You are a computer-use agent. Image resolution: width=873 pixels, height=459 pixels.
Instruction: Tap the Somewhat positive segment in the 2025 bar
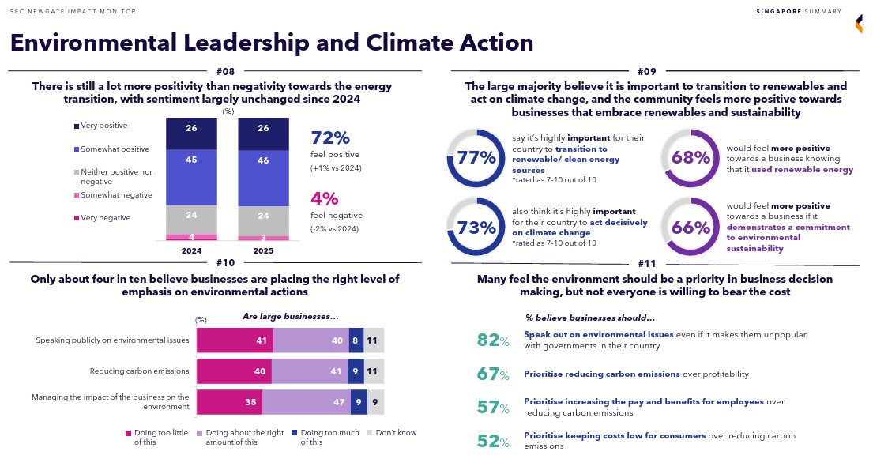(264, 160)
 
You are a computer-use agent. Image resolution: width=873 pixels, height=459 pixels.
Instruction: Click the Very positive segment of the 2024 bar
(191, 129)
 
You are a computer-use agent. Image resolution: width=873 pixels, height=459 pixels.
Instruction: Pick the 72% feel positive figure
(330, 137)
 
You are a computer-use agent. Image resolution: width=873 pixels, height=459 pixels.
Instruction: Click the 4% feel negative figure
(324, 198)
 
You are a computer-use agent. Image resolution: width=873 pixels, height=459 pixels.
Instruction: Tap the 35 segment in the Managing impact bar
(229, 401)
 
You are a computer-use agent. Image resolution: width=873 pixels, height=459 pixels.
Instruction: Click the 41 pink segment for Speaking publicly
(235, 340)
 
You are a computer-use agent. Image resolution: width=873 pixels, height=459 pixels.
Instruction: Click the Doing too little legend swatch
(128, 433)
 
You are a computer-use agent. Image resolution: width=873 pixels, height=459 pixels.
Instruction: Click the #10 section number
(225, 263)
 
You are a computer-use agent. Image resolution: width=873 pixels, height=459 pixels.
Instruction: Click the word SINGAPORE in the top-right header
(779, 11)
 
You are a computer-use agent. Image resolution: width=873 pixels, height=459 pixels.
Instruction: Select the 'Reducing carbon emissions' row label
(139, 371)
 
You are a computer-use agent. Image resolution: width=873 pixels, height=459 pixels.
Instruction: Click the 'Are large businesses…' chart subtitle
(290, 316)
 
